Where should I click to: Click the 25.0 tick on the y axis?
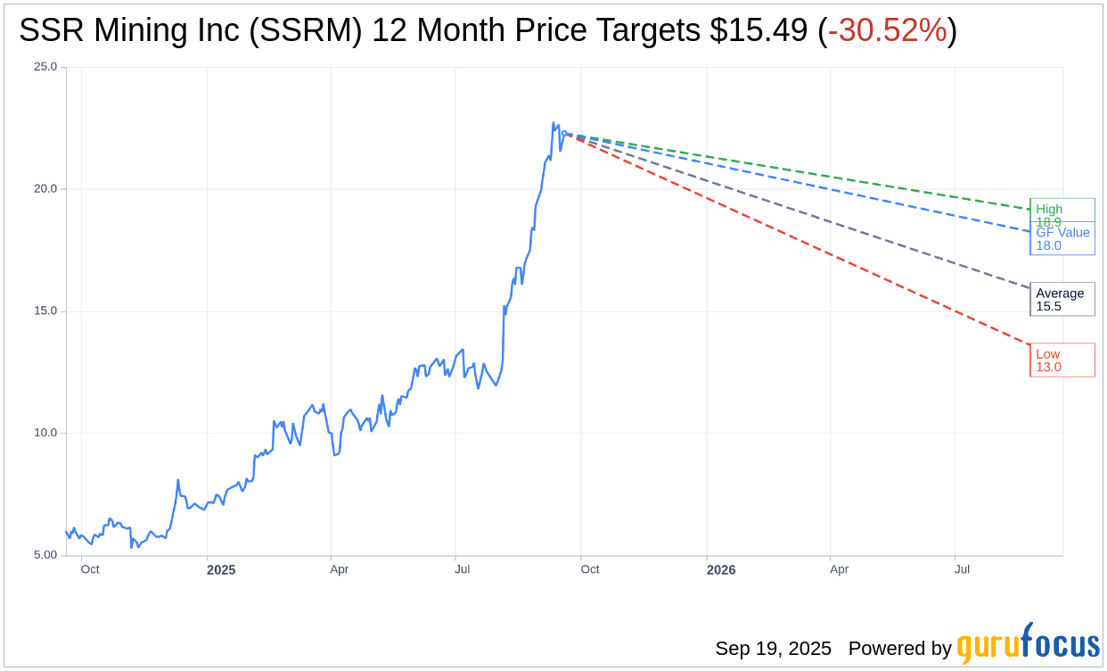pos(45,67)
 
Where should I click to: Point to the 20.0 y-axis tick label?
pos(45,189)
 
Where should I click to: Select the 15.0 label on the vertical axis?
pos(45,311)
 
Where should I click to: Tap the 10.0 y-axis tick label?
pos(45,433)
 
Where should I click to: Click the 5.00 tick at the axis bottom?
pos(45,555)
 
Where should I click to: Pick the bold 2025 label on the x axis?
pos(221,569)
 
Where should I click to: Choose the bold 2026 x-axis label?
pos(721,569)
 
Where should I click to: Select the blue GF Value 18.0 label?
pos(1062,239)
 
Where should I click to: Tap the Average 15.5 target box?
pos(1062,299)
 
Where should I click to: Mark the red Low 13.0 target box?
pos(1062,360)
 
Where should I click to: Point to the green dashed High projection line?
pos(802,172)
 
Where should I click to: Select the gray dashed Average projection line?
pos(802,212)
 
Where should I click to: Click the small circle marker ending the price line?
pos(565,134)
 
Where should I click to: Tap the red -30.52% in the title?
pos(887,31)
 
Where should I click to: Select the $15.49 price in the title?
pos(759,31)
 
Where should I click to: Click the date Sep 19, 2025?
pos(773,648)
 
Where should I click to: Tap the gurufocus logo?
pos(1028,644)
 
